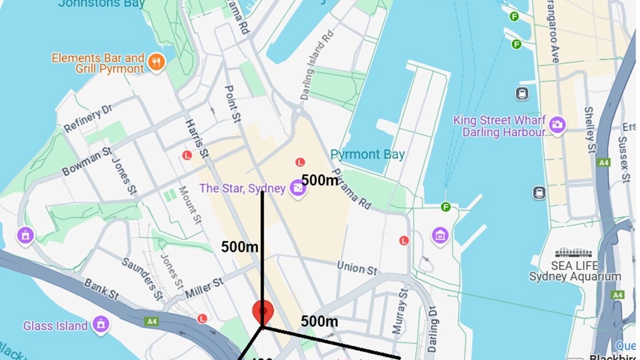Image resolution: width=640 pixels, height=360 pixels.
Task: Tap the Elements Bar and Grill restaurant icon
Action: (x=157, y=62)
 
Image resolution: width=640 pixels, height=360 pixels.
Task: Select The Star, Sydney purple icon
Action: (x=298, y=189)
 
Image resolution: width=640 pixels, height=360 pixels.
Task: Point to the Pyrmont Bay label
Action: (x=367, y=154)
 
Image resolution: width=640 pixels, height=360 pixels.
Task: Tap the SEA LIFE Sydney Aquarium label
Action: (x=575, y=271)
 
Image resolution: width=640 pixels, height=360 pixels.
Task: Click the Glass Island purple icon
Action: (x=101, y=325)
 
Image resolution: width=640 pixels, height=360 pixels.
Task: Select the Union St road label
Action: (x=357, y=268)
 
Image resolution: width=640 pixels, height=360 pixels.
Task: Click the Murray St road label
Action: (x=400, y=310)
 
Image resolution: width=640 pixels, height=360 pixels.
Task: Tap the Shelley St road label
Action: (x=590, y=129)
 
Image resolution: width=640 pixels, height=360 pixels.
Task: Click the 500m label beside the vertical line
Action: (x=239, y=246)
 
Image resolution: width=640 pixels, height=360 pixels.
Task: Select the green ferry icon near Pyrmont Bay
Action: (x=445, y=206)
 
